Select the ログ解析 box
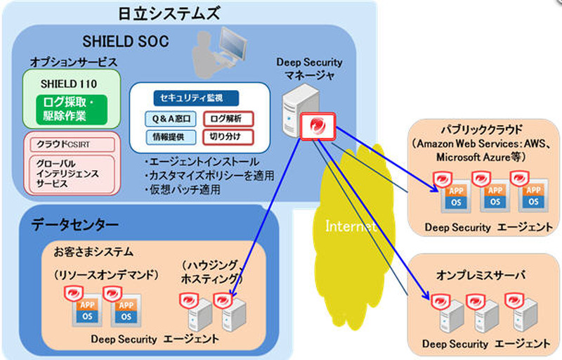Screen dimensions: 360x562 pyautogui.click(x=227, y=118)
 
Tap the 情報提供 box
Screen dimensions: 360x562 pyautogui.click(x=171, y=136)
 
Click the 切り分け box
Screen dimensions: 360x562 pyautogui.click(x=227, y=136)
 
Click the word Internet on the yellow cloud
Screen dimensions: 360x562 pyautogui.click(x=351, y=226)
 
